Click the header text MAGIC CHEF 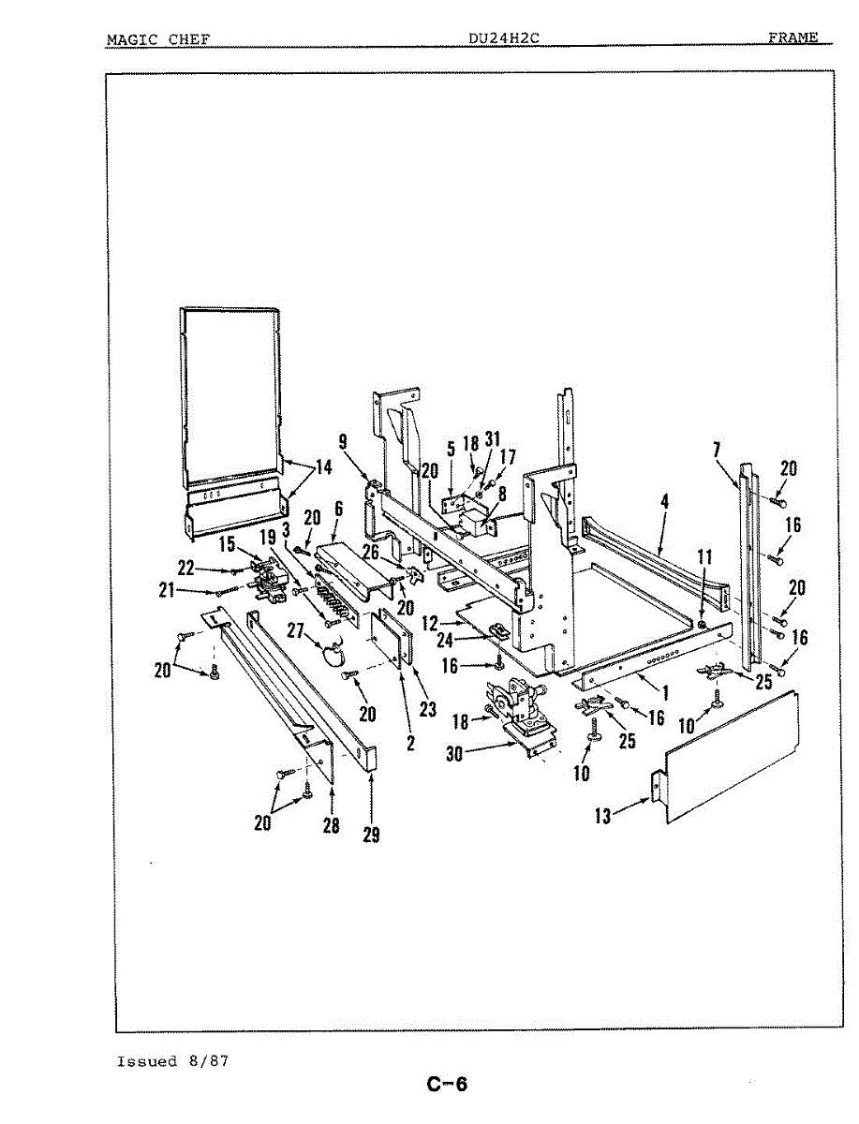tap(157, 38)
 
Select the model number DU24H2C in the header tap(505, 38)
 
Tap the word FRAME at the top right tap(792, 37)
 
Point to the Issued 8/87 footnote tap(172, 1061)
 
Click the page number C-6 tap(447, 1086)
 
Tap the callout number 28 tap(332, 825)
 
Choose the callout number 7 tap(716, 451)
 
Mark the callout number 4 tap(664, 502)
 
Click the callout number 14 tap(322, 468)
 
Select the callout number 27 tap(297, 631)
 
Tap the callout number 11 tap(704, 557)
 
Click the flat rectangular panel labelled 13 tap(731, 759)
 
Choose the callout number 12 tap(431, 621)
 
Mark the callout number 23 tap(427, 709)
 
